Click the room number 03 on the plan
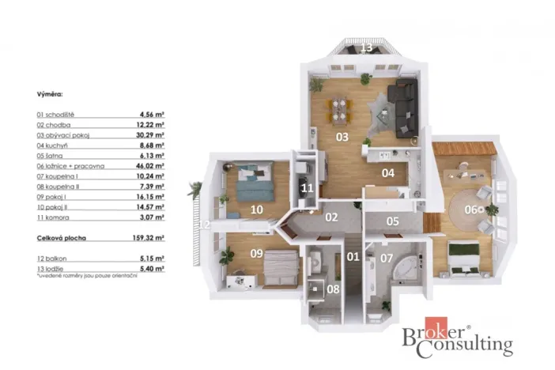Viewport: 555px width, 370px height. pos(342,137)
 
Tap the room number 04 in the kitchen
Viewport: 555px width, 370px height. pos(388,173)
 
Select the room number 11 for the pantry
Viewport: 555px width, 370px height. pos(307,188)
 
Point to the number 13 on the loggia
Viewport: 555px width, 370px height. pos(367,47)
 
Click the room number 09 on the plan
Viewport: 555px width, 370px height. pos(255,254)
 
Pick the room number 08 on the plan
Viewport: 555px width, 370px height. pos(333,289)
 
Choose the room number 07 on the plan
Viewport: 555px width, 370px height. pos(387,258)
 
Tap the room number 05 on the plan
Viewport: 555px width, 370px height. pos(393,221)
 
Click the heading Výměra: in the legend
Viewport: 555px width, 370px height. pos(50,93)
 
